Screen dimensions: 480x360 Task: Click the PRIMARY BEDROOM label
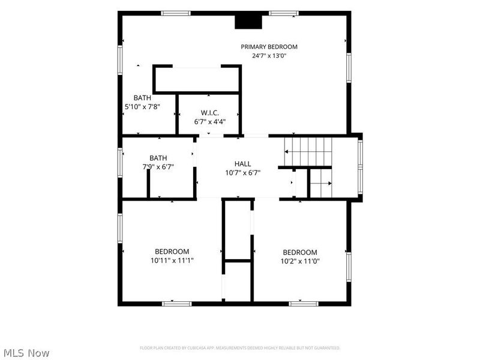pyautogui.click(x=269, y=47)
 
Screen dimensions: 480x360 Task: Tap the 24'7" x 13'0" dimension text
pyautogui.click(x=269, y=56)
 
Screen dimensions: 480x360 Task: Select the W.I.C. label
pyautogui.click(x=209, y=113)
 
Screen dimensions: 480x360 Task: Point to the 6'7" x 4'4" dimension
pyautogui.click(x=209, y=122)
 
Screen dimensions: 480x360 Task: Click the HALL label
pyautogui.click(x=243, y=164)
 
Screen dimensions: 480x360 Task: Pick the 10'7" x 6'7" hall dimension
pyautogui.click(x=243, y=173)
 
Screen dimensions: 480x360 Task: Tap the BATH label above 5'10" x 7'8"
pyautogui.click(x=142, y=98)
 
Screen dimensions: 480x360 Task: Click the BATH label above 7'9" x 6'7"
pyautogui.click(x=158, y=158)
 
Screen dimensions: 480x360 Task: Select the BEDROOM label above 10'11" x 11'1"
pyautogui.click(x=172, y=251)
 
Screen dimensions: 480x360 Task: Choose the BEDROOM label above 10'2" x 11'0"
pyautogui.click(x=300, y=253)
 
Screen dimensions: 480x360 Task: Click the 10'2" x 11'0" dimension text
pyautogui.click(x=300, y=262)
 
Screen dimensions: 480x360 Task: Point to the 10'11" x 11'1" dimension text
pyautogui.click(x=172, y=260)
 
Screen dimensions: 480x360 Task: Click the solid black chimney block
pyautogui.click(x=248, y=22)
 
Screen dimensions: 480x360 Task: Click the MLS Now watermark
pyautogui.click(x=26, y=353)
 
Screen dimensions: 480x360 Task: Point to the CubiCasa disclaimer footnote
pyautogui.click(x=240, y=348)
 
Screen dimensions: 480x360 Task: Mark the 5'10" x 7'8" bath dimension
pyautogui.click(x=142, y=107)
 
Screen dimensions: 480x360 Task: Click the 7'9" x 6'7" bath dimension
pyautogui.click(x=158, y=167)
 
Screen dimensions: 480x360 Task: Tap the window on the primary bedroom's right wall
pyautogui.click(x=349, y=68)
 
